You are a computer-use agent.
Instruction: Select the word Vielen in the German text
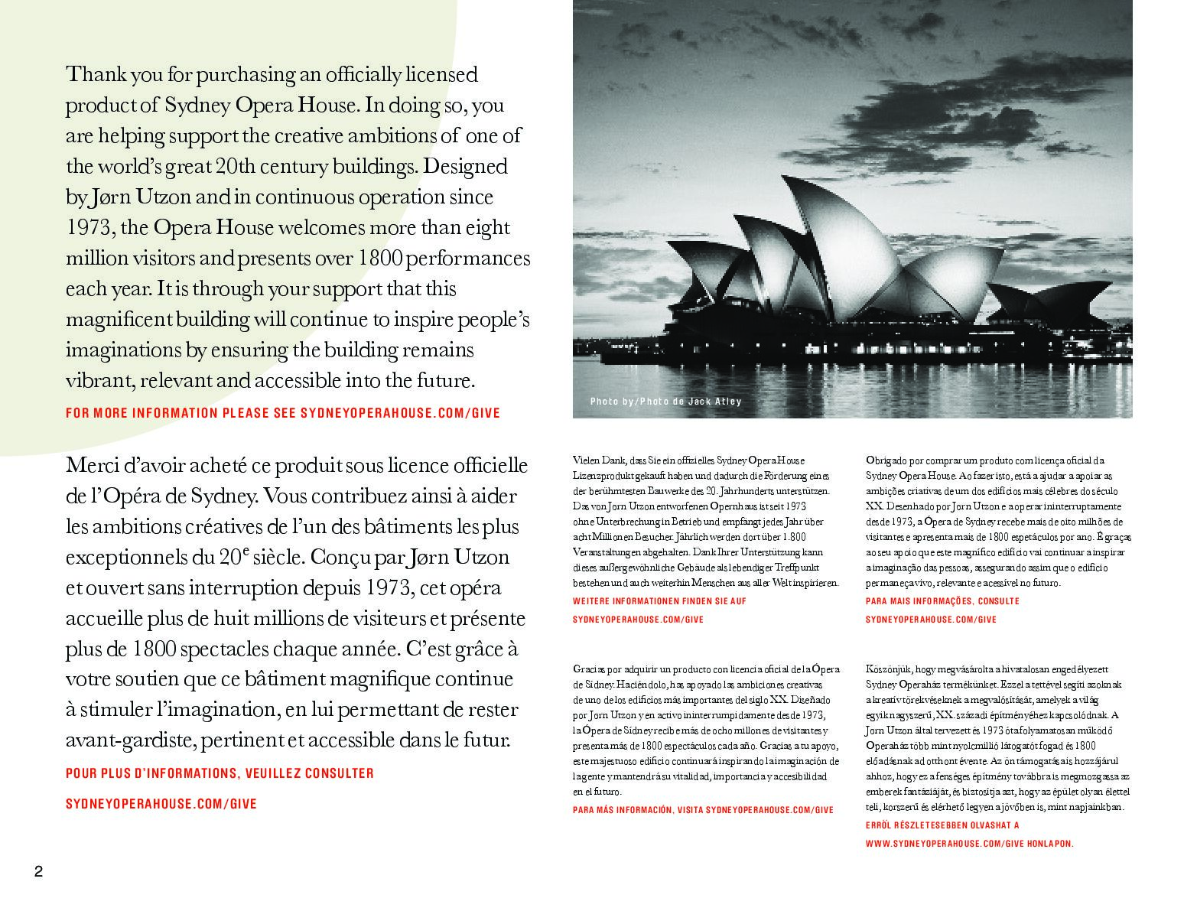coord(586,460)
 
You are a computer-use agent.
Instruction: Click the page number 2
coord(38,872)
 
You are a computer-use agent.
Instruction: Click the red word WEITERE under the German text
coord(590,601)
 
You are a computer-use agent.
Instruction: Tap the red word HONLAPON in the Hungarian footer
coord(1050,844)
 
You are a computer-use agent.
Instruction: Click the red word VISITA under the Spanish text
coord(688,810)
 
